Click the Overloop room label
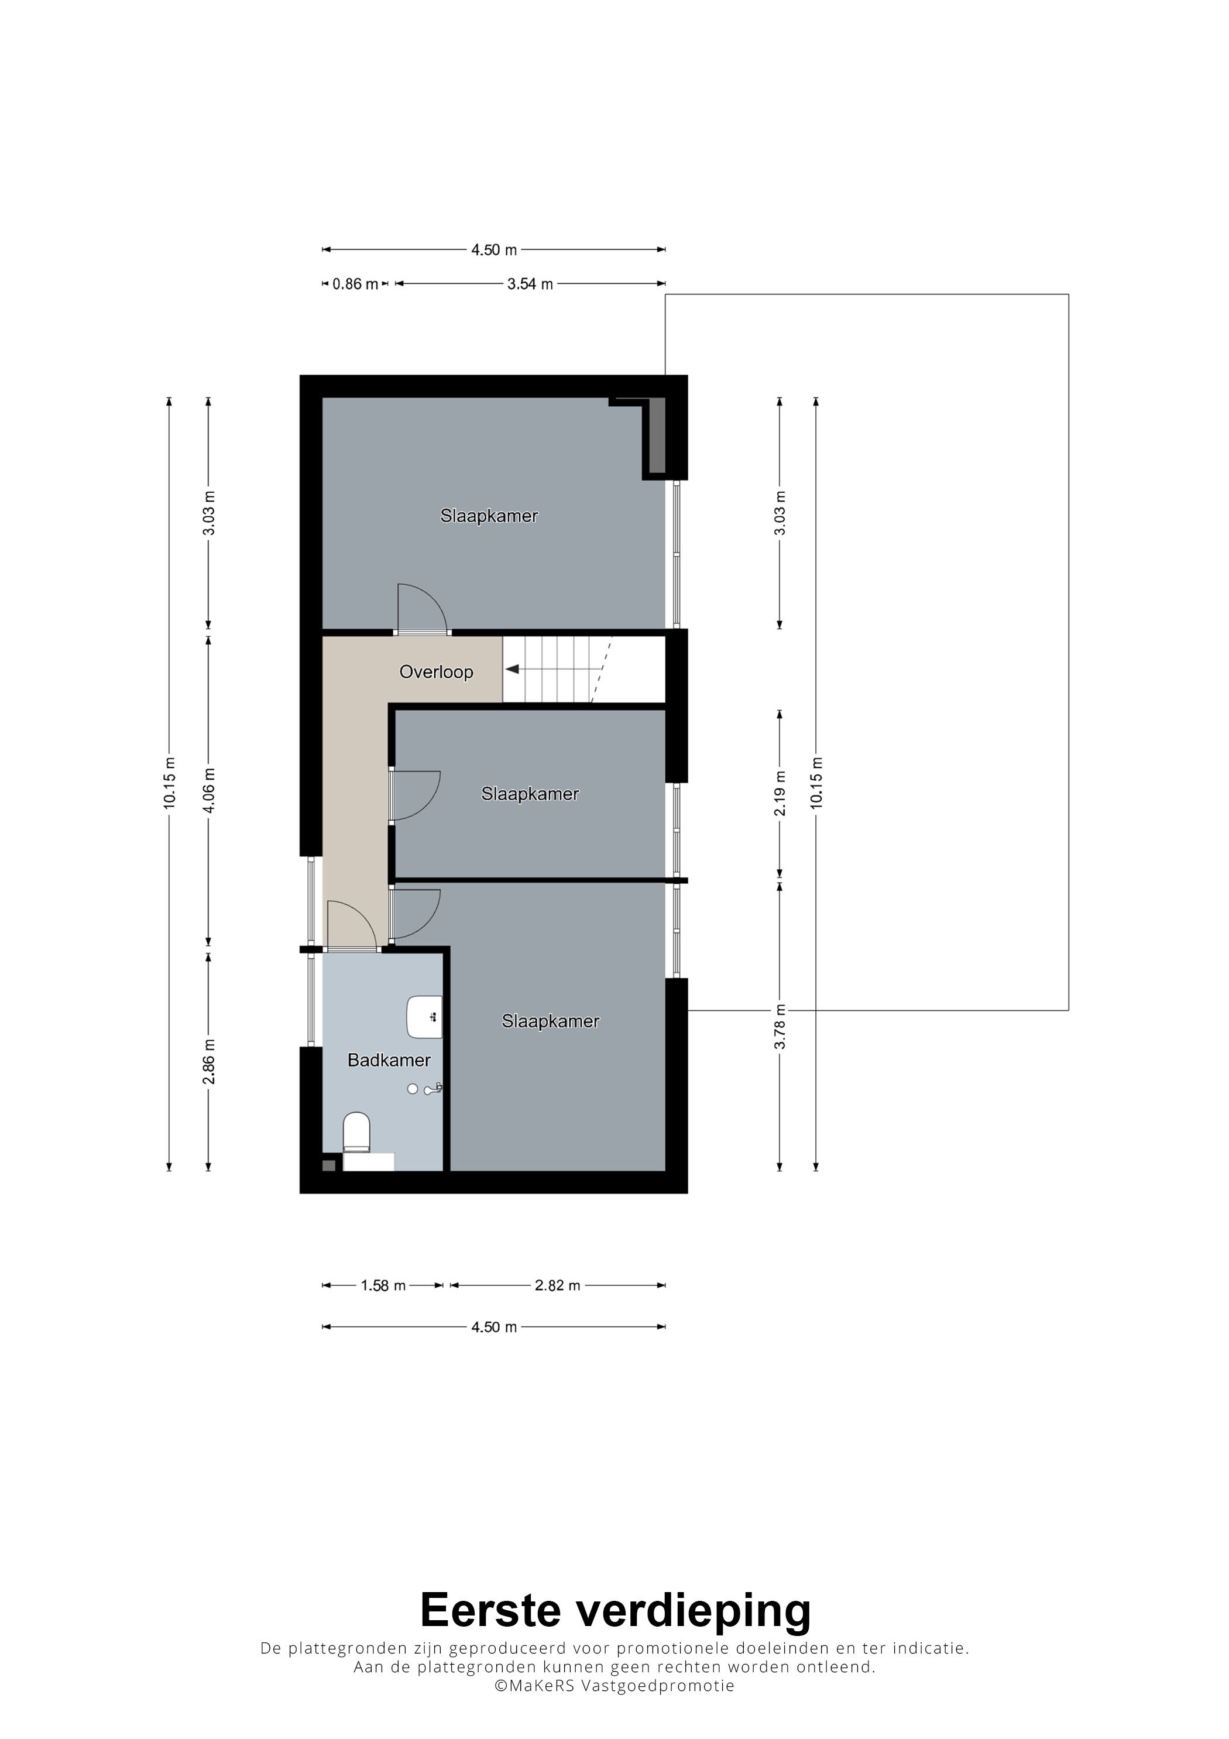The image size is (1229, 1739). click(436, 672)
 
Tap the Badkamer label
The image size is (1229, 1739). click(389, 1059)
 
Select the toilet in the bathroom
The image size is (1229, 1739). click(356, 1131)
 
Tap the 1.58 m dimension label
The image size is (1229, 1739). click(383, 1285)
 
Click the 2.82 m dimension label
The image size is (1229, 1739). click(557, 1285)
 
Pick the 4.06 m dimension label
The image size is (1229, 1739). click(210, 790)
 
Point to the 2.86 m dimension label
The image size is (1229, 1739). click(210, 1061)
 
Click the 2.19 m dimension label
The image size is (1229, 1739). click(780, 794)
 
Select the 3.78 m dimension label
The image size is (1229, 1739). click(780, 1027)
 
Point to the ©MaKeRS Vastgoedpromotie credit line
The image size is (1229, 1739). click(614, 1686)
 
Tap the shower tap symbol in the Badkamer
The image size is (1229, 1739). click(432, 1089)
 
